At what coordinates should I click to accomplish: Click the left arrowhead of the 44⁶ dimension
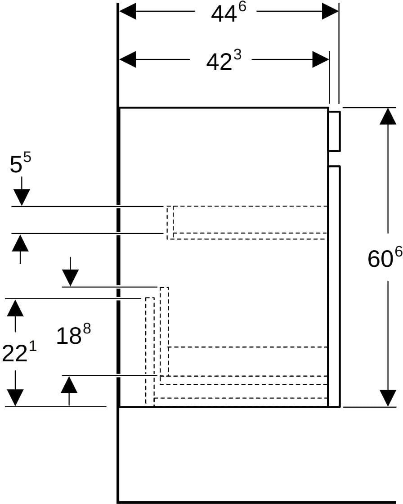click(x=128, y=11)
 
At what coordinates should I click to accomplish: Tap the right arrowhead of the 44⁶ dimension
click(x=331, y=11)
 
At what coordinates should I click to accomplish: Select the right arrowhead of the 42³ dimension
click(x=321, y=59)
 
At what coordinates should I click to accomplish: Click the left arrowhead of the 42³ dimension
click(x=128, y=59)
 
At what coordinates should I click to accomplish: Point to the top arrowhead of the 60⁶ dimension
click(x=388, y=116)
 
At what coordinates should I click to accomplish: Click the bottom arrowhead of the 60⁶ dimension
click(x=388, y=398)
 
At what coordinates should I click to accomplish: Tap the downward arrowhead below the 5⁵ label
click(x=22, y=198)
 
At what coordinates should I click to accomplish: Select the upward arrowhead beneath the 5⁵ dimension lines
click(x=20, y=243)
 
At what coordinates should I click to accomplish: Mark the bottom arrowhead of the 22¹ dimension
click(x=15, y=398)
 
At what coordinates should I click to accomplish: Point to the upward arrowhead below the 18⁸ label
click(x=69, y=384)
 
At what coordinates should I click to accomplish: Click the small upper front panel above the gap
click(x=334, y=131)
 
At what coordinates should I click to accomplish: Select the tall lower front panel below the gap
click(x=334, y=286)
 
